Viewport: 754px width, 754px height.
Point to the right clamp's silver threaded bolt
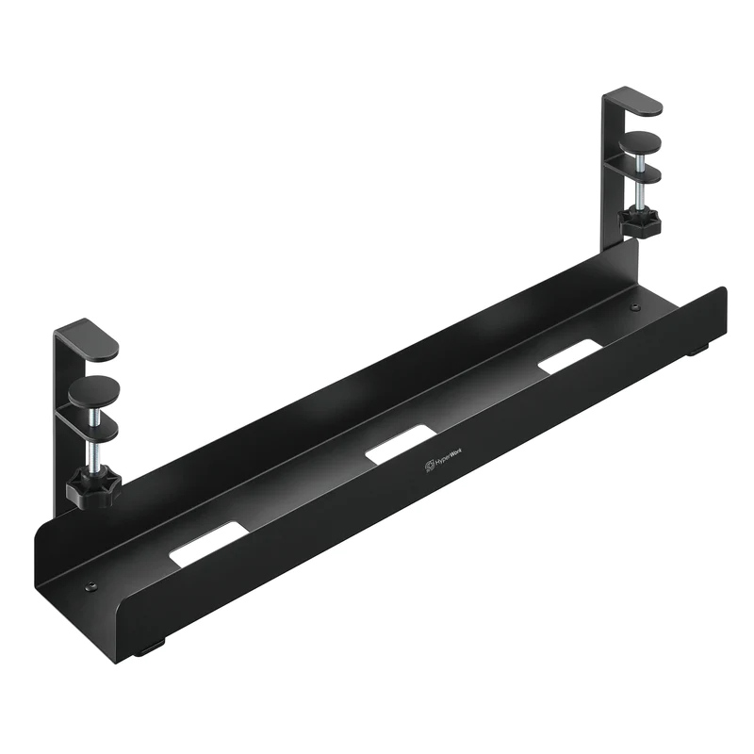click(x=639, y=193)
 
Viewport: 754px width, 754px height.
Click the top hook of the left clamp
click(x=87, y=340)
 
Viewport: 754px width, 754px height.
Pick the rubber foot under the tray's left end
click(x=150, y=649)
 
